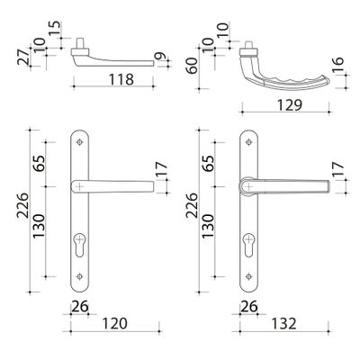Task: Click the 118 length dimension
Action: tap(121, 80)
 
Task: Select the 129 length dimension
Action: tap(290, 105)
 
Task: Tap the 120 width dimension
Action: tap(115, 324)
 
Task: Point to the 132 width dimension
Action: tap(283, 324)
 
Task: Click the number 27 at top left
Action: tap(23, 57)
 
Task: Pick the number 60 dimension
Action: tap(193, 66)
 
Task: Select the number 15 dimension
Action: tap(55, 29)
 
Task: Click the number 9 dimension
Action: tap(161, 57)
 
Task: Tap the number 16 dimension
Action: tap(337, 65)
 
